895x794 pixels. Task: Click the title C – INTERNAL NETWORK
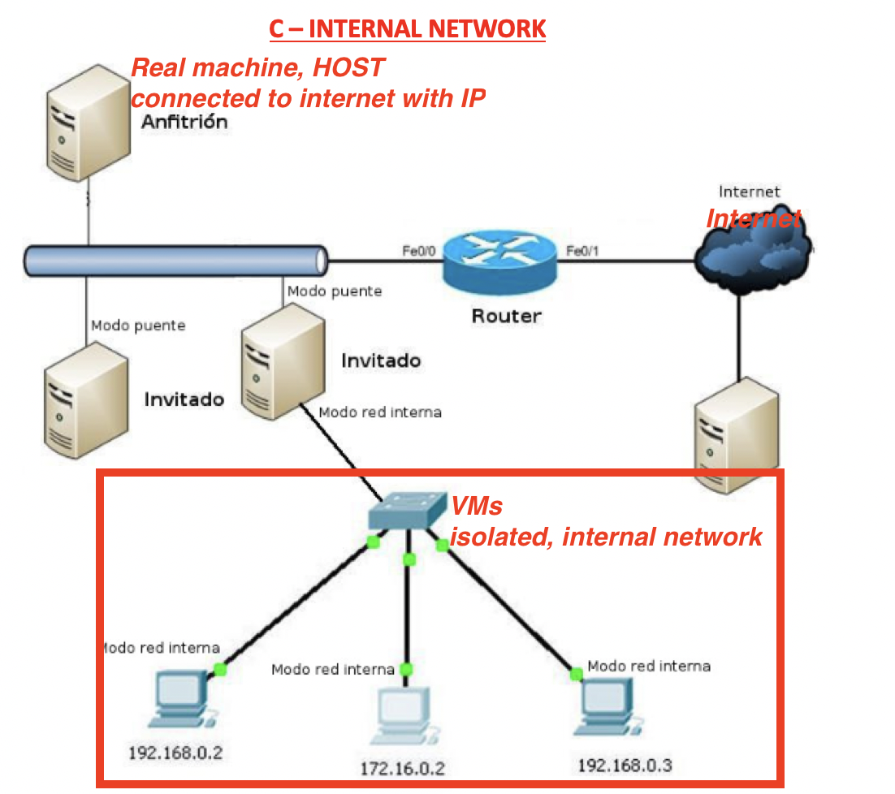coord(408,29)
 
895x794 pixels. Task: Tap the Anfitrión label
coord(184,123)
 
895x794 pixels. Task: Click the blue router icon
coord(500,258)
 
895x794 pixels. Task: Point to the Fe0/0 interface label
coord(420,250)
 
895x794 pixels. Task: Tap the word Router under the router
coord(506,315)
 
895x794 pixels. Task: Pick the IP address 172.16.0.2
coord(404,768)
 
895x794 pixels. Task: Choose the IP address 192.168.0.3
coord(625,765)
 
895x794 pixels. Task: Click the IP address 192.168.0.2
coord(175,752)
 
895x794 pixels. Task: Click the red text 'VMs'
coord(477,506)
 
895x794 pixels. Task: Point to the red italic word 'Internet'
coord(753,218)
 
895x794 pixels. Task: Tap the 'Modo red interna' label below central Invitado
coord(380,412)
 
